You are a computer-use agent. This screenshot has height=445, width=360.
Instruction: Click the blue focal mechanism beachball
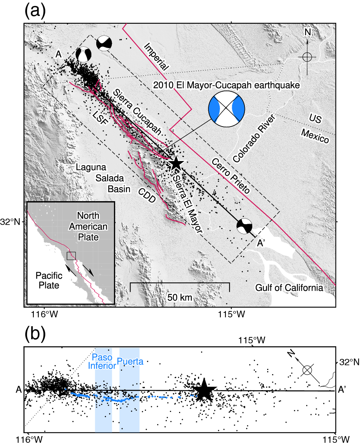tap(226, 108)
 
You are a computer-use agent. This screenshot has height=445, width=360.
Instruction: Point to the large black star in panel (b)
tap(204, 390)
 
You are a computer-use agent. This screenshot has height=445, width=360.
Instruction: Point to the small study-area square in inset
tap(71, 256)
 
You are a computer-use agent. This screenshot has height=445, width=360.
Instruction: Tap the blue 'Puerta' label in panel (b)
tap(129, 360)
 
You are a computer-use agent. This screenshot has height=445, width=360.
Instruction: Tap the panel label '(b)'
tap(35, 334)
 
